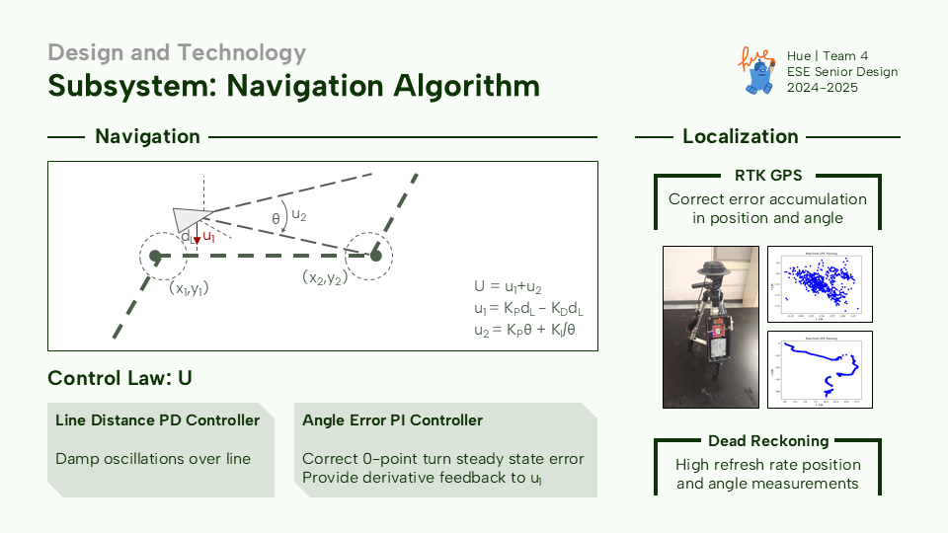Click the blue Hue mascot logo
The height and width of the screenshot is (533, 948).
(x=757, y=71)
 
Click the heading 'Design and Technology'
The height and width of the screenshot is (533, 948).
(x=177, y=52)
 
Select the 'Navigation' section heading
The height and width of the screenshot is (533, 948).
(x=147, y=136)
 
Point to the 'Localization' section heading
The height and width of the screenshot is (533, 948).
(x=741, y=136)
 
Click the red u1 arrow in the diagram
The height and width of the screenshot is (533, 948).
(x=198, y=238)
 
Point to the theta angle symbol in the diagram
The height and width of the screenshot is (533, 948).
(x=276, y=218)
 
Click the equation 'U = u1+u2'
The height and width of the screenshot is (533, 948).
(x=510, y=287)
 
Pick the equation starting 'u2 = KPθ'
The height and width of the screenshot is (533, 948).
(x=524, y=329)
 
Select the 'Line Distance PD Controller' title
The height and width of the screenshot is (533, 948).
(x=158, y=420)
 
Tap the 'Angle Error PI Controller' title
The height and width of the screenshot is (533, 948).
(x=393, y=420)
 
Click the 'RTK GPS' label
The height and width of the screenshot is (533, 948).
(x=767, y=176)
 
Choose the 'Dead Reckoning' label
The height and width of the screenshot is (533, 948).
(x=767, y=441)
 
